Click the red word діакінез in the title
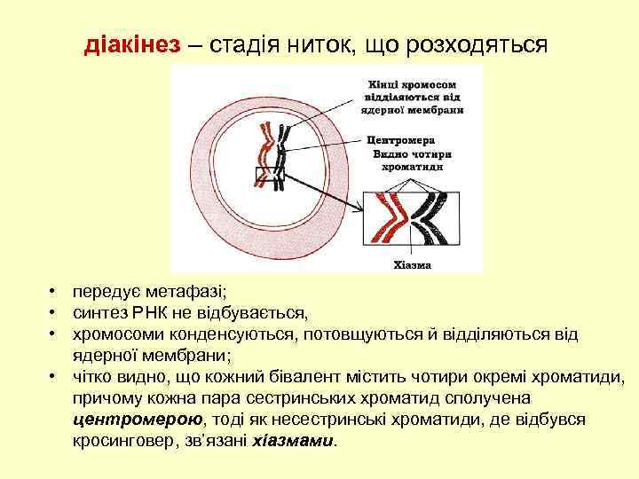click(132, 43)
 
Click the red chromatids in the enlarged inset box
click(389, 217)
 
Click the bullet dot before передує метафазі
click(54, 291)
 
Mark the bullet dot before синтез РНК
click(54, 312)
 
